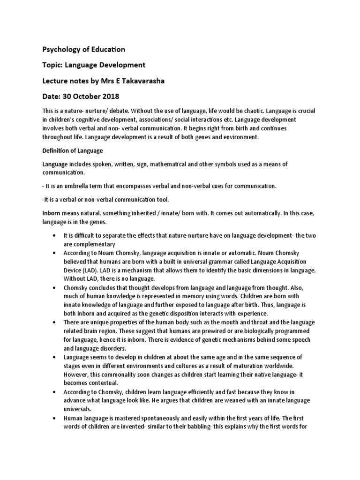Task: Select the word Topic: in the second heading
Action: point(54,65)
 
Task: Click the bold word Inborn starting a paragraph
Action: point(53,213)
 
